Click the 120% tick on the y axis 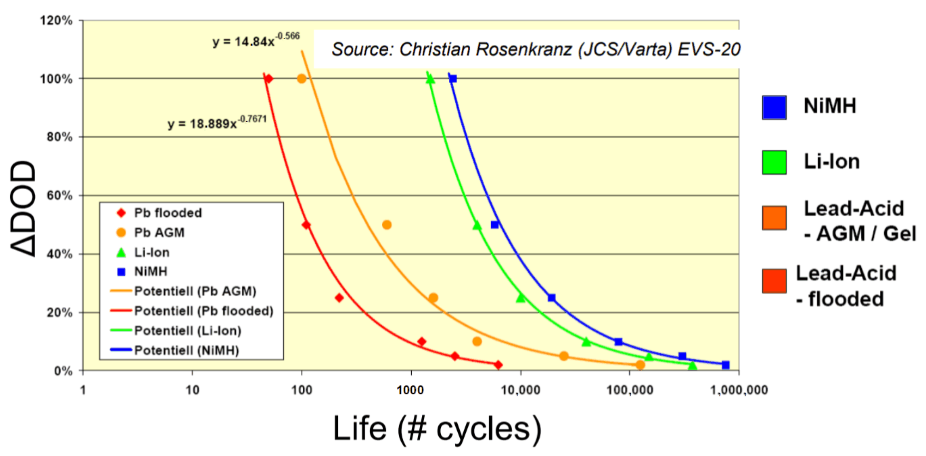click(56, 20)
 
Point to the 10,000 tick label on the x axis click(520, 390)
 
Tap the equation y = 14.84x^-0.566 click(256, 40)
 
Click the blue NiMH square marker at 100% click(453, 78)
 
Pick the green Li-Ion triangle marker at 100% click(430, 79)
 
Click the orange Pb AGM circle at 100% click(302, 78)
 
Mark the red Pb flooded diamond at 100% click(268, 78)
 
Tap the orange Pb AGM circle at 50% click(386, 225)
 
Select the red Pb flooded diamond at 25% click(339, 298)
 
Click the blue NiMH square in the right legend click(774, 107)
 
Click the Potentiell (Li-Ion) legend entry click(187, 330)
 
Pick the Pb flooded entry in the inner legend click(167, 213)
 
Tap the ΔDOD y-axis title click(23, 209)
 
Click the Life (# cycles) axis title click(437, 429)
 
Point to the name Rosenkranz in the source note click(523, 49)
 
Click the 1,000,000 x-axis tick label click(739, 390)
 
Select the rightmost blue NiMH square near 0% click(726, 365)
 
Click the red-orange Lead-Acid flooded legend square click(774, 281)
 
